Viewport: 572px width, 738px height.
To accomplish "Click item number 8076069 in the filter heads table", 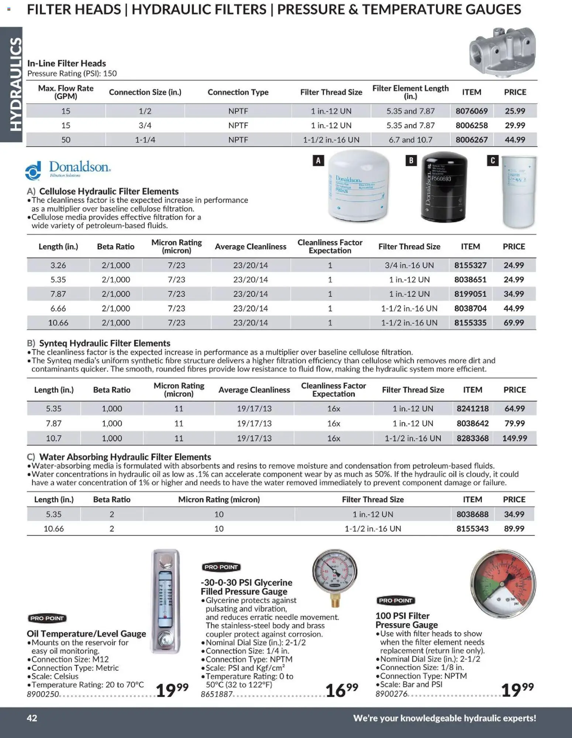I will click(471, 111).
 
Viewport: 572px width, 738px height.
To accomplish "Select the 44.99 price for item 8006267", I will click(515, 140).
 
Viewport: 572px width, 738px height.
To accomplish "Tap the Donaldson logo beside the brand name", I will click(33, 171).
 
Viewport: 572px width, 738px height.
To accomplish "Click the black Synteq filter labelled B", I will click(444, 188).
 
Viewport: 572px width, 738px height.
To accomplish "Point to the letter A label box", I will click(318, 160).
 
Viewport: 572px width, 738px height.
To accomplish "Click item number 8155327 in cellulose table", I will click(470, 265).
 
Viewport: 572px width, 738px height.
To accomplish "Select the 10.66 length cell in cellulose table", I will click(58, 323).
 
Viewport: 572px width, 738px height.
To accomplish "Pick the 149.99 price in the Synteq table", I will click(514, 438).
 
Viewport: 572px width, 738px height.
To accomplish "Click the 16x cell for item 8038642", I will click(333, 423).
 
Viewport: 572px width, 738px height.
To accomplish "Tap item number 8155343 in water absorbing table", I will click(472, 529).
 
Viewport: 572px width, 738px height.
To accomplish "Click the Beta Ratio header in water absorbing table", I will click(111, 500).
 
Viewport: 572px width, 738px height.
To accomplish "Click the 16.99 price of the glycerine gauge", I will click(341, 690).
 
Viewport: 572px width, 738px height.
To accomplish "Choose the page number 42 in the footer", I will click(32, 718).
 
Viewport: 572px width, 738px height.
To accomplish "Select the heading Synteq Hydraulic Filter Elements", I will click(104, 343).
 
